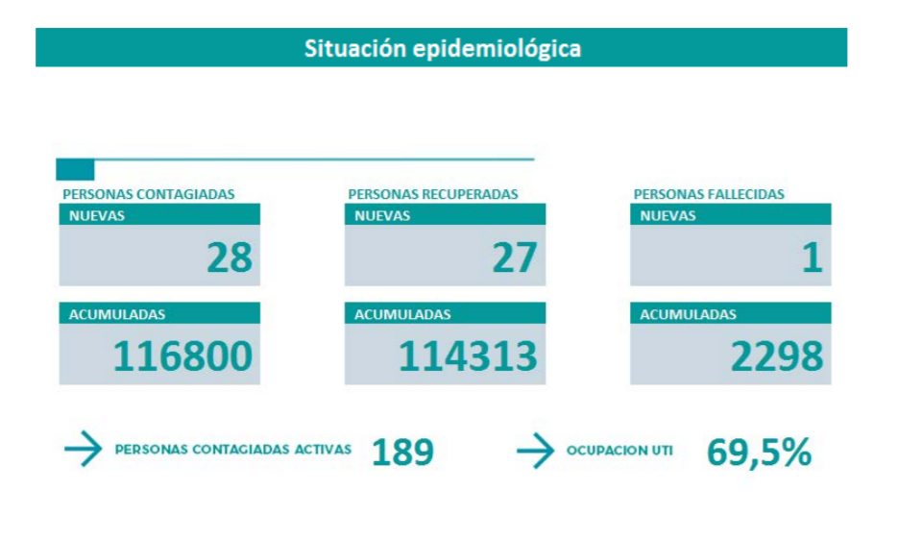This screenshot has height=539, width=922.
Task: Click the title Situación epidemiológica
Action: point(442,48)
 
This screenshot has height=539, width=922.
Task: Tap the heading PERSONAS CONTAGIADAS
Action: point(149,194)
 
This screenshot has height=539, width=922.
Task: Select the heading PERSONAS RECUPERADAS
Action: point(433,194)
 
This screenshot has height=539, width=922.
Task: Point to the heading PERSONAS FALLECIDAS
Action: point(709,194)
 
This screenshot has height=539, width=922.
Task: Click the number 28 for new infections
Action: point(230,257)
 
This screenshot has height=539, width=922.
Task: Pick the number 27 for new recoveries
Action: point(515,257)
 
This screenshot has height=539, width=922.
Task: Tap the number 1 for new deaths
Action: point(813,257)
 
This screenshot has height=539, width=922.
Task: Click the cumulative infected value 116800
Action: point(182,356)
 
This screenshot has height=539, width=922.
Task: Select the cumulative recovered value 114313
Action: point(468,356)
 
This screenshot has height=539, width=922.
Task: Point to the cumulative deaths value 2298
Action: point(777,356)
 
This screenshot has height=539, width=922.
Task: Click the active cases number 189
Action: point(402,452)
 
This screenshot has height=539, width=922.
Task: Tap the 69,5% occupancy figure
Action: point(759,452)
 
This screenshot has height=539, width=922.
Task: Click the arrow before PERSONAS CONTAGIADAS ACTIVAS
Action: point(83,450)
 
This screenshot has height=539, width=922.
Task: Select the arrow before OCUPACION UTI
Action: point(535,451)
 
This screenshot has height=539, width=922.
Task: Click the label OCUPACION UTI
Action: point(619,451)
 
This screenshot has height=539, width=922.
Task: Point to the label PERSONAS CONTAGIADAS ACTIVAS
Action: point(233,449)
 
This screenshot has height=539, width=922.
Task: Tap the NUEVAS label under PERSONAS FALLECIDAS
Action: point(667,216)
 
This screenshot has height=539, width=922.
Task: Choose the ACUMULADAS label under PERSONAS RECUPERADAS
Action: point(402,314)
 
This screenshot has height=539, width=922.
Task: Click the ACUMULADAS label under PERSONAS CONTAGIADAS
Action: point(117,314)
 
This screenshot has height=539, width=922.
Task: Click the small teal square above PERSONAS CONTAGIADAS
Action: point(75,170)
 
